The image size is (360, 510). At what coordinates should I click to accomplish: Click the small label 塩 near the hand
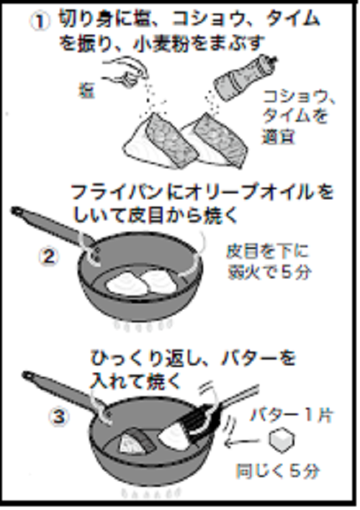tap(86, 91)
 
